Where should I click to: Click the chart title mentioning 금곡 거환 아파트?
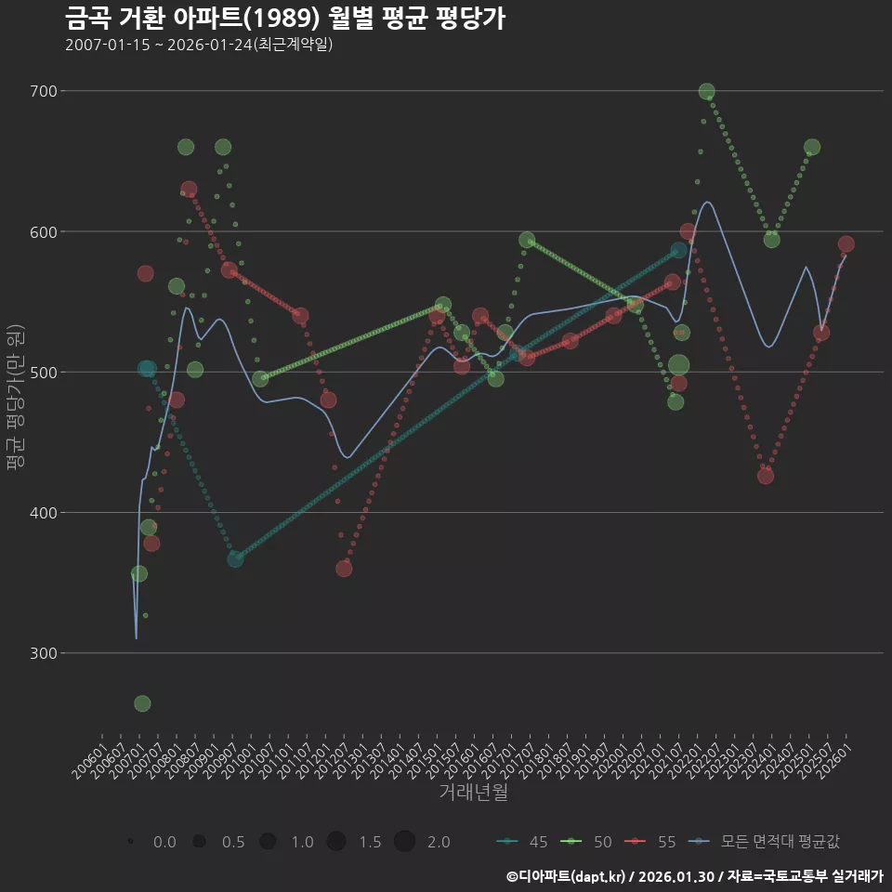click(x=285, y=19)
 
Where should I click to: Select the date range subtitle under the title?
click(x=199, y=45)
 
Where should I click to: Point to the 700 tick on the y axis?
click(x=44, y=91)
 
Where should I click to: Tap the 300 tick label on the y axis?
click(x=44, y=653)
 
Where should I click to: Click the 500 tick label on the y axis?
click(x=44, y=373)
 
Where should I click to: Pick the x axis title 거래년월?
click(x=473, y=793)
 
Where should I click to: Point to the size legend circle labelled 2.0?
click(x=404, y=842)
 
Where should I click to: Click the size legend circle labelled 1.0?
click(x=268, y=842)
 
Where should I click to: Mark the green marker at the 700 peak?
click(x=706, y=91)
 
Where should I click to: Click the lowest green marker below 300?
click(x=142, y=703)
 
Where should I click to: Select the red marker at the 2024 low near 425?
click(x=766, y=476)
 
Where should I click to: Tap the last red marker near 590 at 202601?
click(x=846, y=244)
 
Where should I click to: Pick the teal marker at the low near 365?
click(x=236, y=559)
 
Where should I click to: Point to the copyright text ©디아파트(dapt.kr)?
click(x=568, y=876)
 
